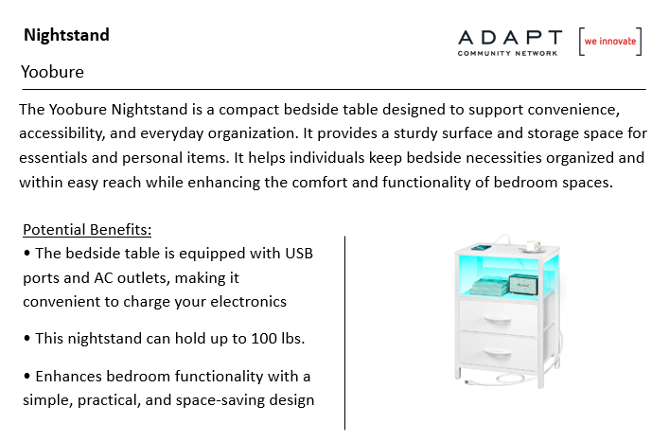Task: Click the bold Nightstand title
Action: pos(66,35)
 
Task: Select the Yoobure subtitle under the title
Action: pos(52,72)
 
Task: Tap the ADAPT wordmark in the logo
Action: pos(510,38)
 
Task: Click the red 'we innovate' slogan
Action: pos(610,42)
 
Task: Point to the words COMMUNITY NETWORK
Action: pos(508,53)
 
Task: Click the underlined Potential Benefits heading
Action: pos(87,229)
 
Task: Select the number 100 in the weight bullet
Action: pos(264,339)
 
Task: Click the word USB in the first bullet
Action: pos(299,254)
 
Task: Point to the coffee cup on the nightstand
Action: pos(532,246)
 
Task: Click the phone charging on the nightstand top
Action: pos(482,247)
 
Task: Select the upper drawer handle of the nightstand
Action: pos(497,320)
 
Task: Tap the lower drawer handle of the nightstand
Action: pos(497,353)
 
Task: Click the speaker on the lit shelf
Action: pos(523,284)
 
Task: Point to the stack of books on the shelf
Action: pos(490,286)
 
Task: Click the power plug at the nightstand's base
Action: pos(469,381)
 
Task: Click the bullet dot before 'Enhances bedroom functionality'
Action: pos(27,376)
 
